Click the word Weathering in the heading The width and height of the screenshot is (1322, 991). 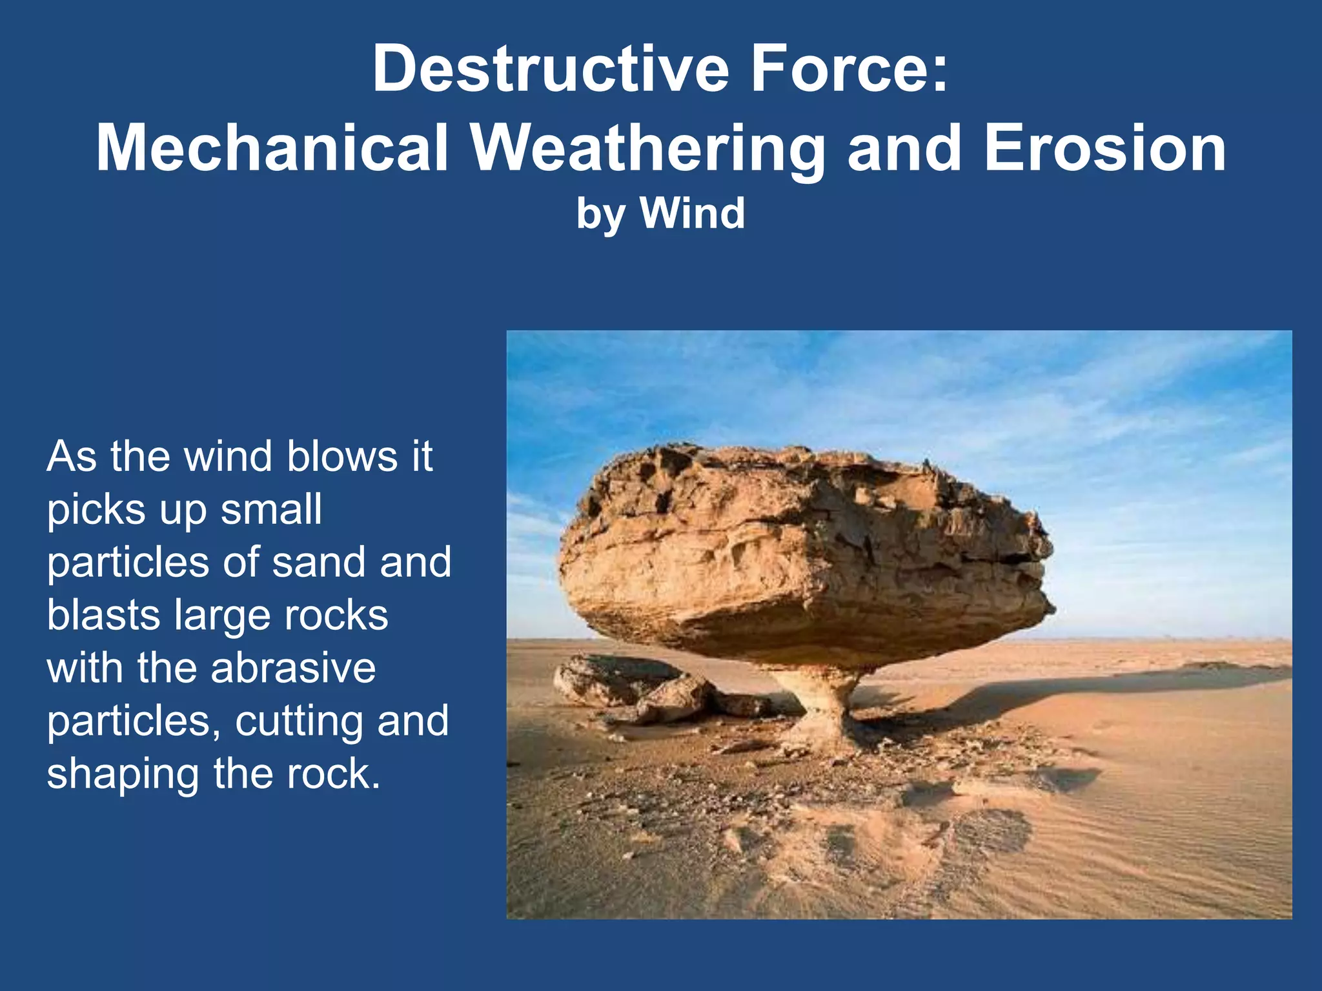click(x=647, y=150)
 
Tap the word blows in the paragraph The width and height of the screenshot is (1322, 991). click(x=342, y=457)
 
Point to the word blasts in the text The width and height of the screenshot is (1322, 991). click(x=103, y=615)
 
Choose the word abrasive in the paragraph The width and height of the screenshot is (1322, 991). click(x=293, y=668)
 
